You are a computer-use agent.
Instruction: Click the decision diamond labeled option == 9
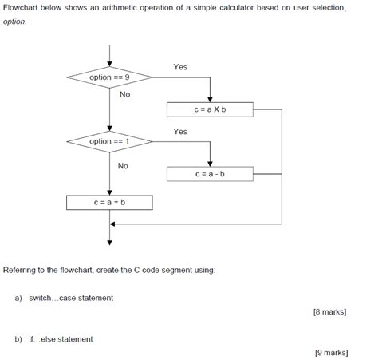pos(109,77)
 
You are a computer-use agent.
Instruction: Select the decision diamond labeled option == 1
pos(109,141)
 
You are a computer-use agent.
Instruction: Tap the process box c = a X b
pos(210,109)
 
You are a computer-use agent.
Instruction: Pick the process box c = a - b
pos(210,173)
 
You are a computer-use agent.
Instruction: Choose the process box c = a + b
pos(109,203)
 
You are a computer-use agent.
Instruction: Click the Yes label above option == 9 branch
pos(180,67)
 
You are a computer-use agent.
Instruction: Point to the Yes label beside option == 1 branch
pos(180,131)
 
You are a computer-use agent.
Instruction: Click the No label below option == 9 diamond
pos(124,94)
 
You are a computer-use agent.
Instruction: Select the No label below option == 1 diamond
pos(123,166)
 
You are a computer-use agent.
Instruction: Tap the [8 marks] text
pos(330,312)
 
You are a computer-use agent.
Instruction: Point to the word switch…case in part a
pos(49,298)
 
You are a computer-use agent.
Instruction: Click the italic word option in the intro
pos(14,22)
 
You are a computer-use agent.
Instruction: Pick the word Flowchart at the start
pos(22,7)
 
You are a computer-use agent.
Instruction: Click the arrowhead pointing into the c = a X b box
pos(210,99)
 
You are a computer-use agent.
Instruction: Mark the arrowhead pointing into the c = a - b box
pos(210,163)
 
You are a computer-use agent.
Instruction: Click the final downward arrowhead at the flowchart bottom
pos(109,243)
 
